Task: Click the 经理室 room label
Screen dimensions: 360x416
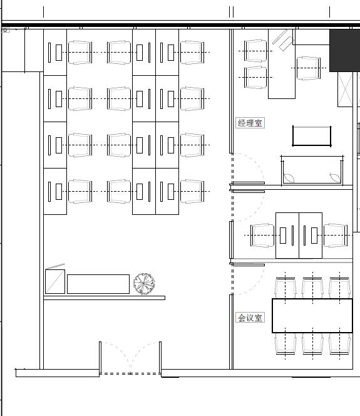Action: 250,123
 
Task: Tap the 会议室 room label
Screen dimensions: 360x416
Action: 250,318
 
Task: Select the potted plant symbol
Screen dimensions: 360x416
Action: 144,284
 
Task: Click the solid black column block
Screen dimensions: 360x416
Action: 344,50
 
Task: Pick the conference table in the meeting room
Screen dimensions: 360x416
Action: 312,316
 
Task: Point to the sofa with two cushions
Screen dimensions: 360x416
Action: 312,170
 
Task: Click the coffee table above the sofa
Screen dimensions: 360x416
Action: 312,136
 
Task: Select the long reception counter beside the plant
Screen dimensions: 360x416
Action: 98,284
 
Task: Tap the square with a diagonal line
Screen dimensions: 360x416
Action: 55,281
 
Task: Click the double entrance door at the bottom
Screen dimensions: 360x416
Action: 130,358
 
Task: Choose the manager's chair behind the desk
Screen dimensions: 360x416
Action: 309,68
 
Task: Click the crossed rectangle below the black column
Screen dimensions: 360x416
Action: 345,90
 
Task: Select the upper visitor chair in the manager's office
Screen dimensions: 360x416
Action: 255,51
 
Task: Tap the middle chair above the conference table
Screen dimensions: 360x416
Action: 312,288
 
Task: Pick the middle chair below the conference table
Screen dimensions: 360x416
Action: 312,344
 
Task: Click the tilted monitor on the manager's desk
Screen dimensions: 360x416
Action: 283,40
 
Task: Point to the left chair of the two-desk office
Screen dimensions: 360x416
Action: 262,236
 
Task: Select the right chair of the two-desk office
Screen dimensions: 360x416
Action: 336,236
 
